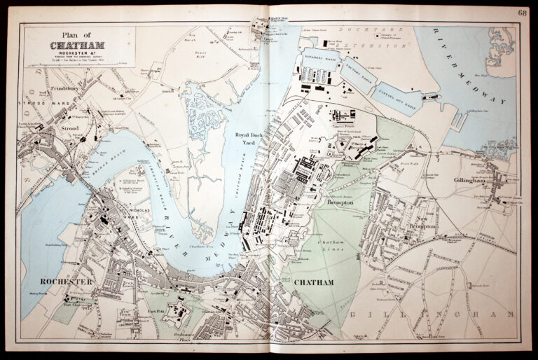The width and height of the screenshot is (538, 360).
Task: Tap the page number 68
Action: click(523, 12)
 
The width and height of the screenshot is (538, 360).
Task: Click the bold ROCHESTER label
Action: click(67, 281)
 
